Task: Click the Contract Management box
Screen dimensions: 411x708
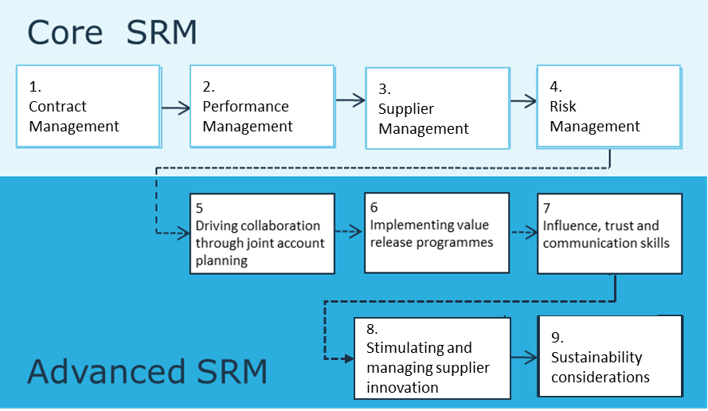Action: [88, 106]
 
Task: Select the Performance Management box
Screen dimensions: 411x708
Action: [261, 106]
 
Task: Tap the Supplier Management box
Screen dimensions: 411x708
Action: [436, 108]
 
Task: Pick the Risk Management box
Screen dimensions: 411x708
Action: [608, 106]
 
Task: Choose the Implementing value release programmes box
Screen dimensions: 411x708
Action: [435, 232]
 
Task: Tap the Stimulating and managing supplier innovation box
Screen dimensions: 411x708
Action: [432, 358]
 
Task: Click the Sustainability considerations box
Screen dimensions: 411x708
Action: [610, 356]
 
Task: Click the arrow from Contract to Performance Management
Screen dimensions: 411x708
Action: [175, 106]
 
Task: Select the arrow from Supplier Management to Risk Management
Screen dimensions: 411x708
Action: [523, 101]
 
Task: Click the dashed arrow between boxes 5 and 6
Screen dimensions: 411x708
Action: [347, 232]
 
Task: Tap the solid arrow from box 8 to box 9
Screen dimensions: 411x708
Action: [523, 357]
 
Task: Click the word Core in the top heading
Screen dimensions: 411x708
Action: [65, 33]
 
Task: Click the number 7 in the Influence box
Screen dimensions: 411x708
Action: [547, 207]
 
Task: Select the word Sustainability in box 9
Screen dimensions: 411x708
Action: [597, 358]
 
